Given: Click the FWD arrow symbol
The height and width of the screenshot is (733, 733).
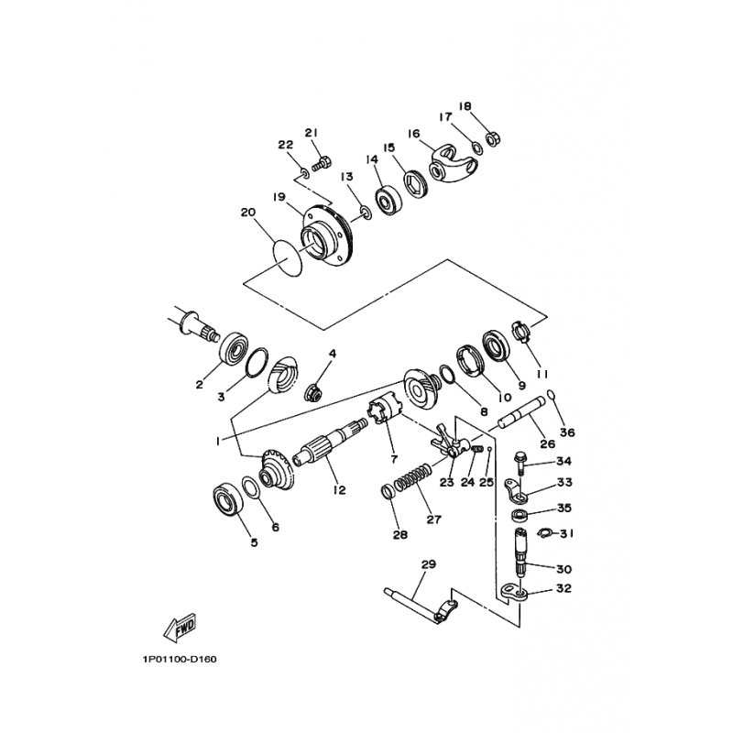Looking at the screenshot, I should tap(177, 628).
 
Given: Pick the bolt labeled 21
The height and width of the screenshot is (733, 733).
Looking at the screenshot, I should tap(321, 166).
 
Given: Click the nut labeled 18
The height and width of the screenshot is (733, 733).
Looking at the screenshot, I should tap(490, 139).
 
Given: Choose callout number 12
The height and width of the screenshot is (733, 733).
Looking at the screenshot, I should tap(339, 490).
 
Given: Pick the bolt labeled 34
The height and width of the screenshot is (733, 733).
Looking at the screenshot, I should tap(520, 460).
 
